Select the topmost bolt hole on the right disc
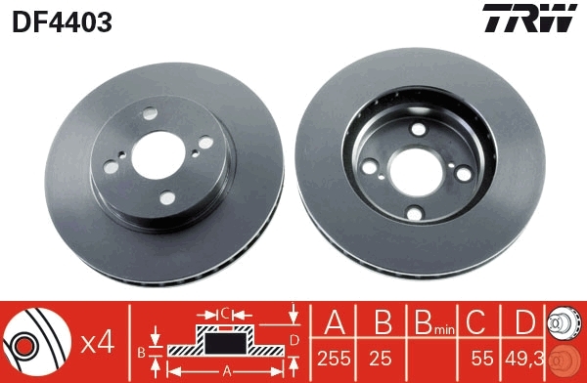418,131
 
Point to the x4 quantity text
96,341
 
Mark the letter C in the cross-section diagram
224,314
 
